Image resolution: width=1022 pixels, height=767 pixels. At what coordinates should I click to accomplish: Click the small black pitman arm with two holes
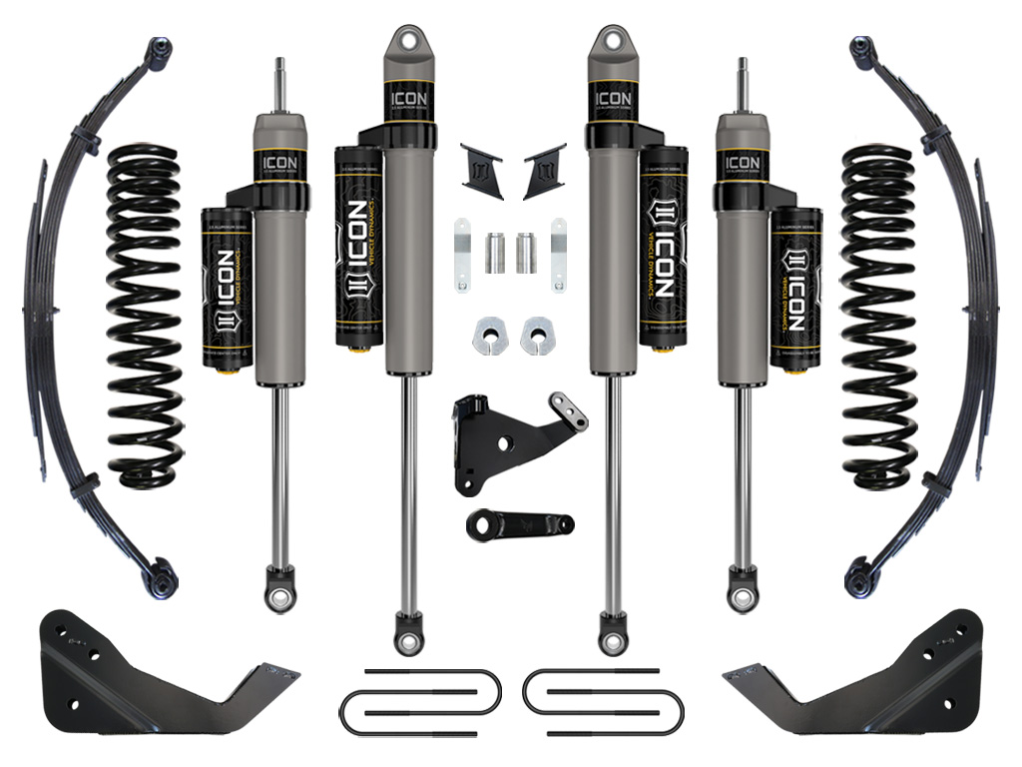tap(516, 524)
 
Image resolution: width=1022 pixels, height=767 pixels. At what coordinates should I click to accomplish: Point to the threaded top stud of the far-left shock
tap(278, 84)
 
